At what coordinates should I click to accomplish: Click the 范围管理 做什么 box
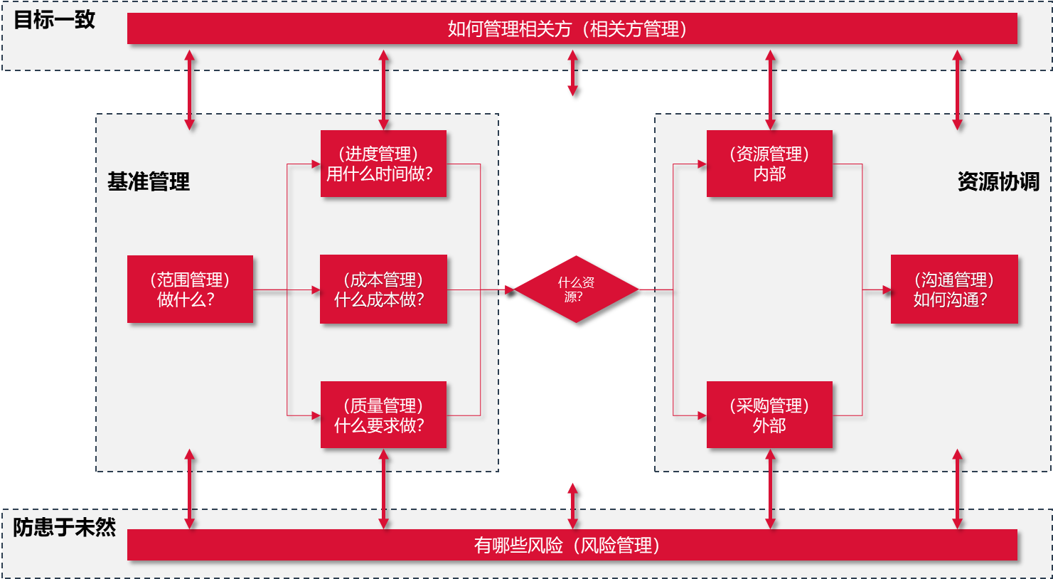point(190,289)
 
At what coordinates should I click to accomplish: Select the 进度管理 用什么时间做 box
point(383,164)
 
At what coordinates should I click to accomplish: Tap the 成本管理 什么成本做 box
point(383,289)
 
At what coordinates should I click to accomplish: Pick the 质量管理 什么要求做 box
point(383,415)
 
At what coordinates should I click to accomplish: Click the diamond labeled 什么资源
point(576,289)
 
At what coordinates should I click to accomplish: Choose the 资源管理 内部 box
point(769,164)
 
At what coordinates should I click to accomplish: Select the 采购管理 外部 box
point(769,415)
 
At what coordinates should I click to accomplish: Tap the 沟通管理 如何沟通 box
point(954,289)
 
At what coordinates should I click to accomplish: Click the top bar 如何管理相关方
point(572,29)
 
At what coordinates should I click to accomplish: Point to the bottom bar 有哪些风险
point(572,546)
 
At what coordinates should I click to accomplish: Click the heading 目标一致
point(55,20)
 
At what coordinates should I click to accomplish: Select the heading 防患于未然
point(65,527)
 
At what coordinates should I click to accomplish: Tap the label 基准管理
point(149,182)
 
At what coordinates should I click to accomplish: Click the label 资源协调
point(998,182)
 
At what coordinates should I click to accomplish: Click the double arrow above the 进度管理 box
point(384,90)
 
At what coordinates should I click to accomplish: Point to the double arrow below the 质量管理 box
point(384,489)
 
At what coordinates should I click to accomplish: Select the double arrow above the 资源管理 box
point(770,90)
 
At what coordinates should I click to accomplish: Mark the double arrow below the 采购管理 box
point(770,489)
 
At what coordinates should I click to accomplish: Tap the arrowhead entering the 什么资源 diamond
point(509,289)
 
